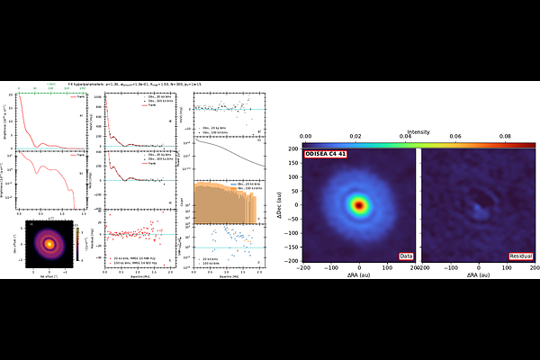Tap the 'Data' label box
pos(406,256)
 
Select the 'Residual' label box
pos(521,256)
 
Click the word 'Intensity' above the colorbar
pos(418,131)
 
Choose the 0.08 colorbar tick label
pos(505,138)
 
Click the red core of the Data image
pos(359,205)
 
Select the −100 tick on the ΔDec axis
pos(296,233)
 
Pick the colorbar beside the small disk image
pos(76,242)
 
